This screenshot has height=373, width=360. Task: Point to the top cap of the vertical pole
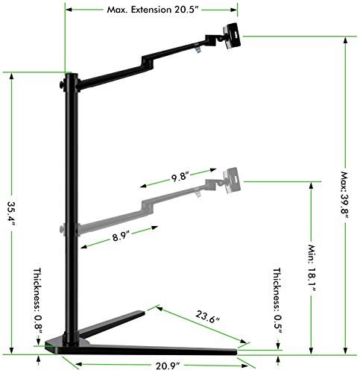(x=72, y=74)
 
